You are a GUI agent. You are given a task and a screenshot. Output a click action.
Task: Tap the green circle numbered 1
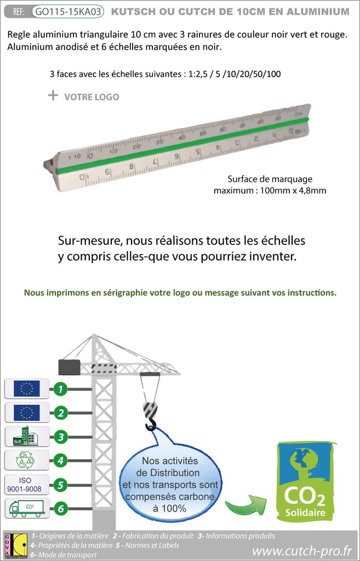tap(61, 389)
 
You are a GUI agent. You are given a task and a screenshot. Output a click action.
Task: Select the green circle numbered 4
tap(61, 461)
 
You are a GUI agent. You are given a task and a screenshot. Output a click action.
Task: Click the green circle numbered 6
tap(61, 508)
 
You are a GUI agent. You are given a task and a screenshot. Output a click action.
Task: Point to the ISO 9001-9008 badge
tap(26, 484)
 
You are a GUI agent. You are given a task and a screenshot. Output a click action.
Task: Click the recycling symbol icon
tap(26, 461)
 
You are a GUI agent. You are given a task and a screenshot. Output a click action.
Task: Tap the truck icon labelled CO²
tap(26, 508)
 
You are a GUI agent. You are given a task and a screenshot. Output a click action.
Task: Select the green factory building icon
tap(26, 437)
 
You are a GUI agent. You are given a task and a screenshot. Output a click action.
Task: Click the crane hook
tap(150, 417)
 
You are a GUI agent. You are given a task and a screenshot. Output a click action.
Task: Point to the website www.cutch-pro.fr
tap(301, 549)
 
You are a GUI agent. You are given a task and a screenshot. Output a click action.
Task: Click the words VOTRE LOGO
tap(92, 97)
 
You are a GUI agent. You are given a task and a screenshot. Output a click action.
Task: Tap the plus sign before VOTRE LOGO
tap(53, 95)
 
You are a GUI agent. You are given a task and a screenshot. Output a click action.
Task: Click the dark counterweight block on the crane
tap(70, 367)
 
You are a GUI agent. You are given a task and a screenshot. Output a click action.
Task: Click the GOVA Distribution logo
tap(14, 545)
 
